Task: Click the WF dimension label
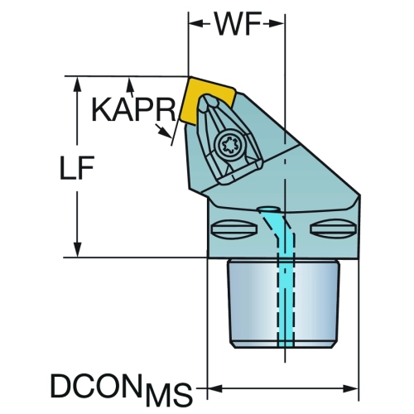(x=238, y=24)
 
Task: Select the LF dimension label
(x=77, y=168)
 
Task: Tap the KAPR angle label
(x=133, y=109)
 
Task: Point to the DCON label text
(x=94, y=385)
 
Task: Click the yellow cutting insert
(x=207, y=101)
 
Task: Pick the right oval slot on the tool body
(x=333, y=229)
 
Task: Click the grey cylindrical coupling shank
(x=283, y=304)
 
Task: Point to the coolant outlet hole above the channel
(x=267, y=209)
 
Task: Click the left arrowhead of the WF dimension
(x=196, y=24)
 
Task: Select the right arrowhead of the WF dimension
(x=277, y=24)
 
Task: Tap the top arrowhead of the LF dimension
(x=78, y=84)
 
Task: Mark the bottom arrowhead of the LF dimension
(x=78, y=249)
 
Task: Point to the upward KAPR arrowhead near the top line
(x=130, y=84)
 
